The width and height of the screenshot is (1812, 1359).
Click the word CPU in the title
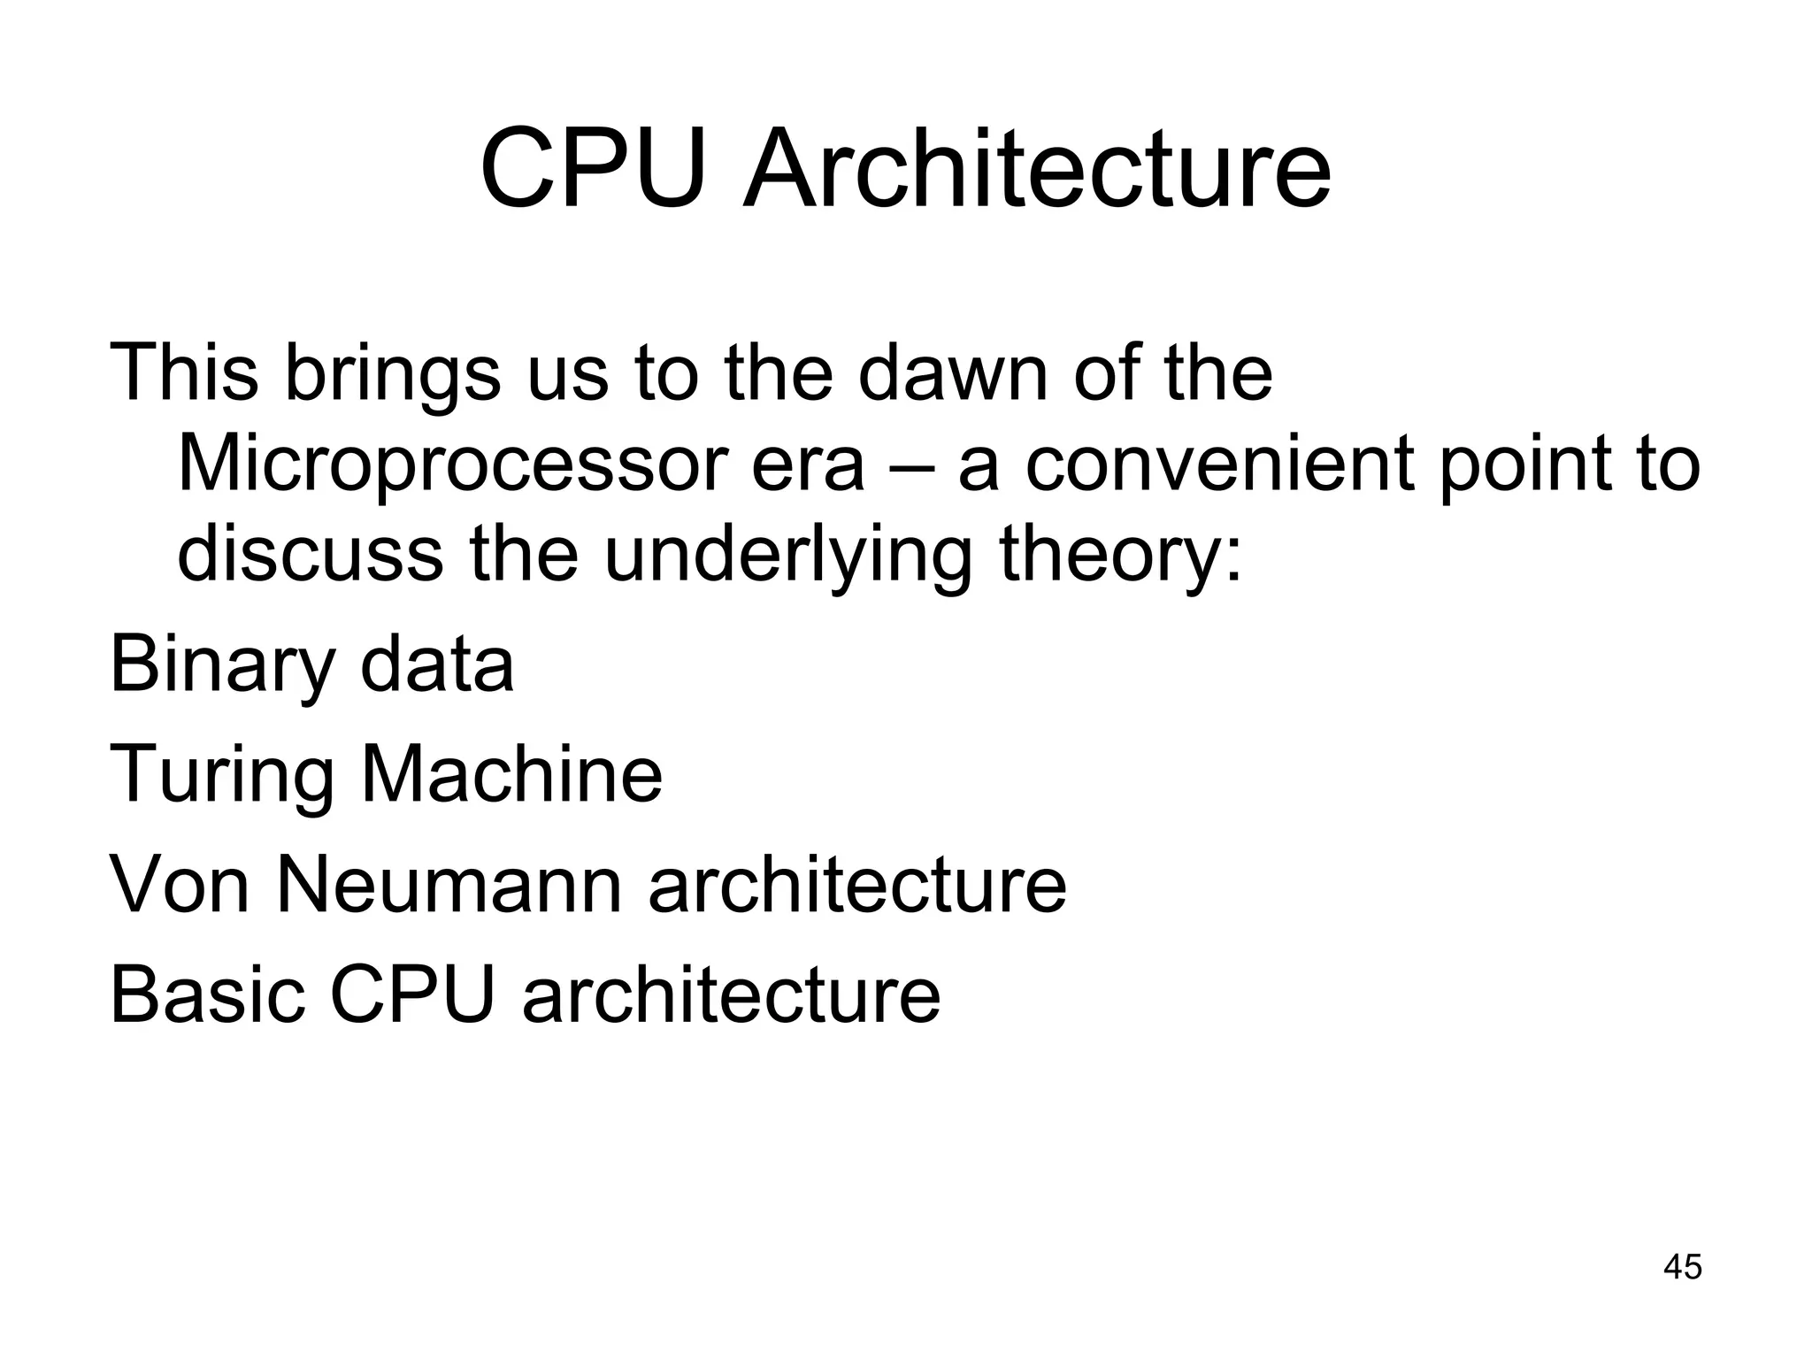pyautogui.click(x=595, y=168)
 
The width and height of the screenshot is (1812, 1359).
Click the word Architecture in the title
pyautogui.click(x=1036, y=168)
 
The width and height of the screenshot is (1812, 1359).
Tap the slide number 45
pyautogui.click(x=1682, y=1267)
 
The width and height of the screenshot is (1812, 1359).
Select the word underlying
pyautogui.click(x=787, y=557)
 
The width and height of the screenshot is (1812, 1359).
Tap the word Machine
pyautogui.click(x=511, y=773)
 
